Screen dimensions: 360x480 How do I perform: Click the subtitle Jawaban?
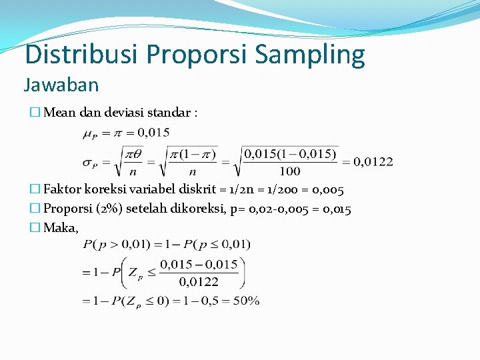(x=61, y=85)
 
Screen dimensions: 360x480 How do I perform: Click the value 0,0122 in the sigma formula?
(x=373, y=161)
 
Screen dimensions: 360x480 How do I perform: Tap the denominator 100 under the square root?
(x=289, y=172)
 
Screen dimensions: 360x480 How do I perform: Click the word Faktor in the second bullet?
(x=63, y=191)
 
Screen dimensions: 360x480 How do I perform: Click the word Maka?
(x=61, y=228)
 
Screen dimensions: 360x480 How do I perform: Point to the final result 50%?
(x=245, y=301)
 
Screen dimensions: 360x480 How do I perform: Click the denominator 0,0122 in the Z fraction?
(x=199, y=282)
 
